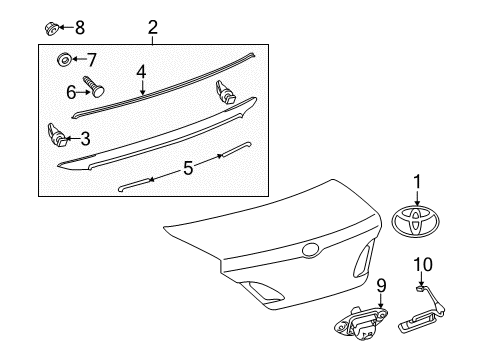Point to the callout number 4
click(x=142, y=71)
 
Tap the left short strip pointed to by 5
click(x=134, y=184)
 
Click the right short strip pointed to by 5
click(x=229, y=149)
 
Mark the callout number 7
click(x=91, y=60)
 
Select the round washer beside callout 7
click(x=64, y=61)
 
